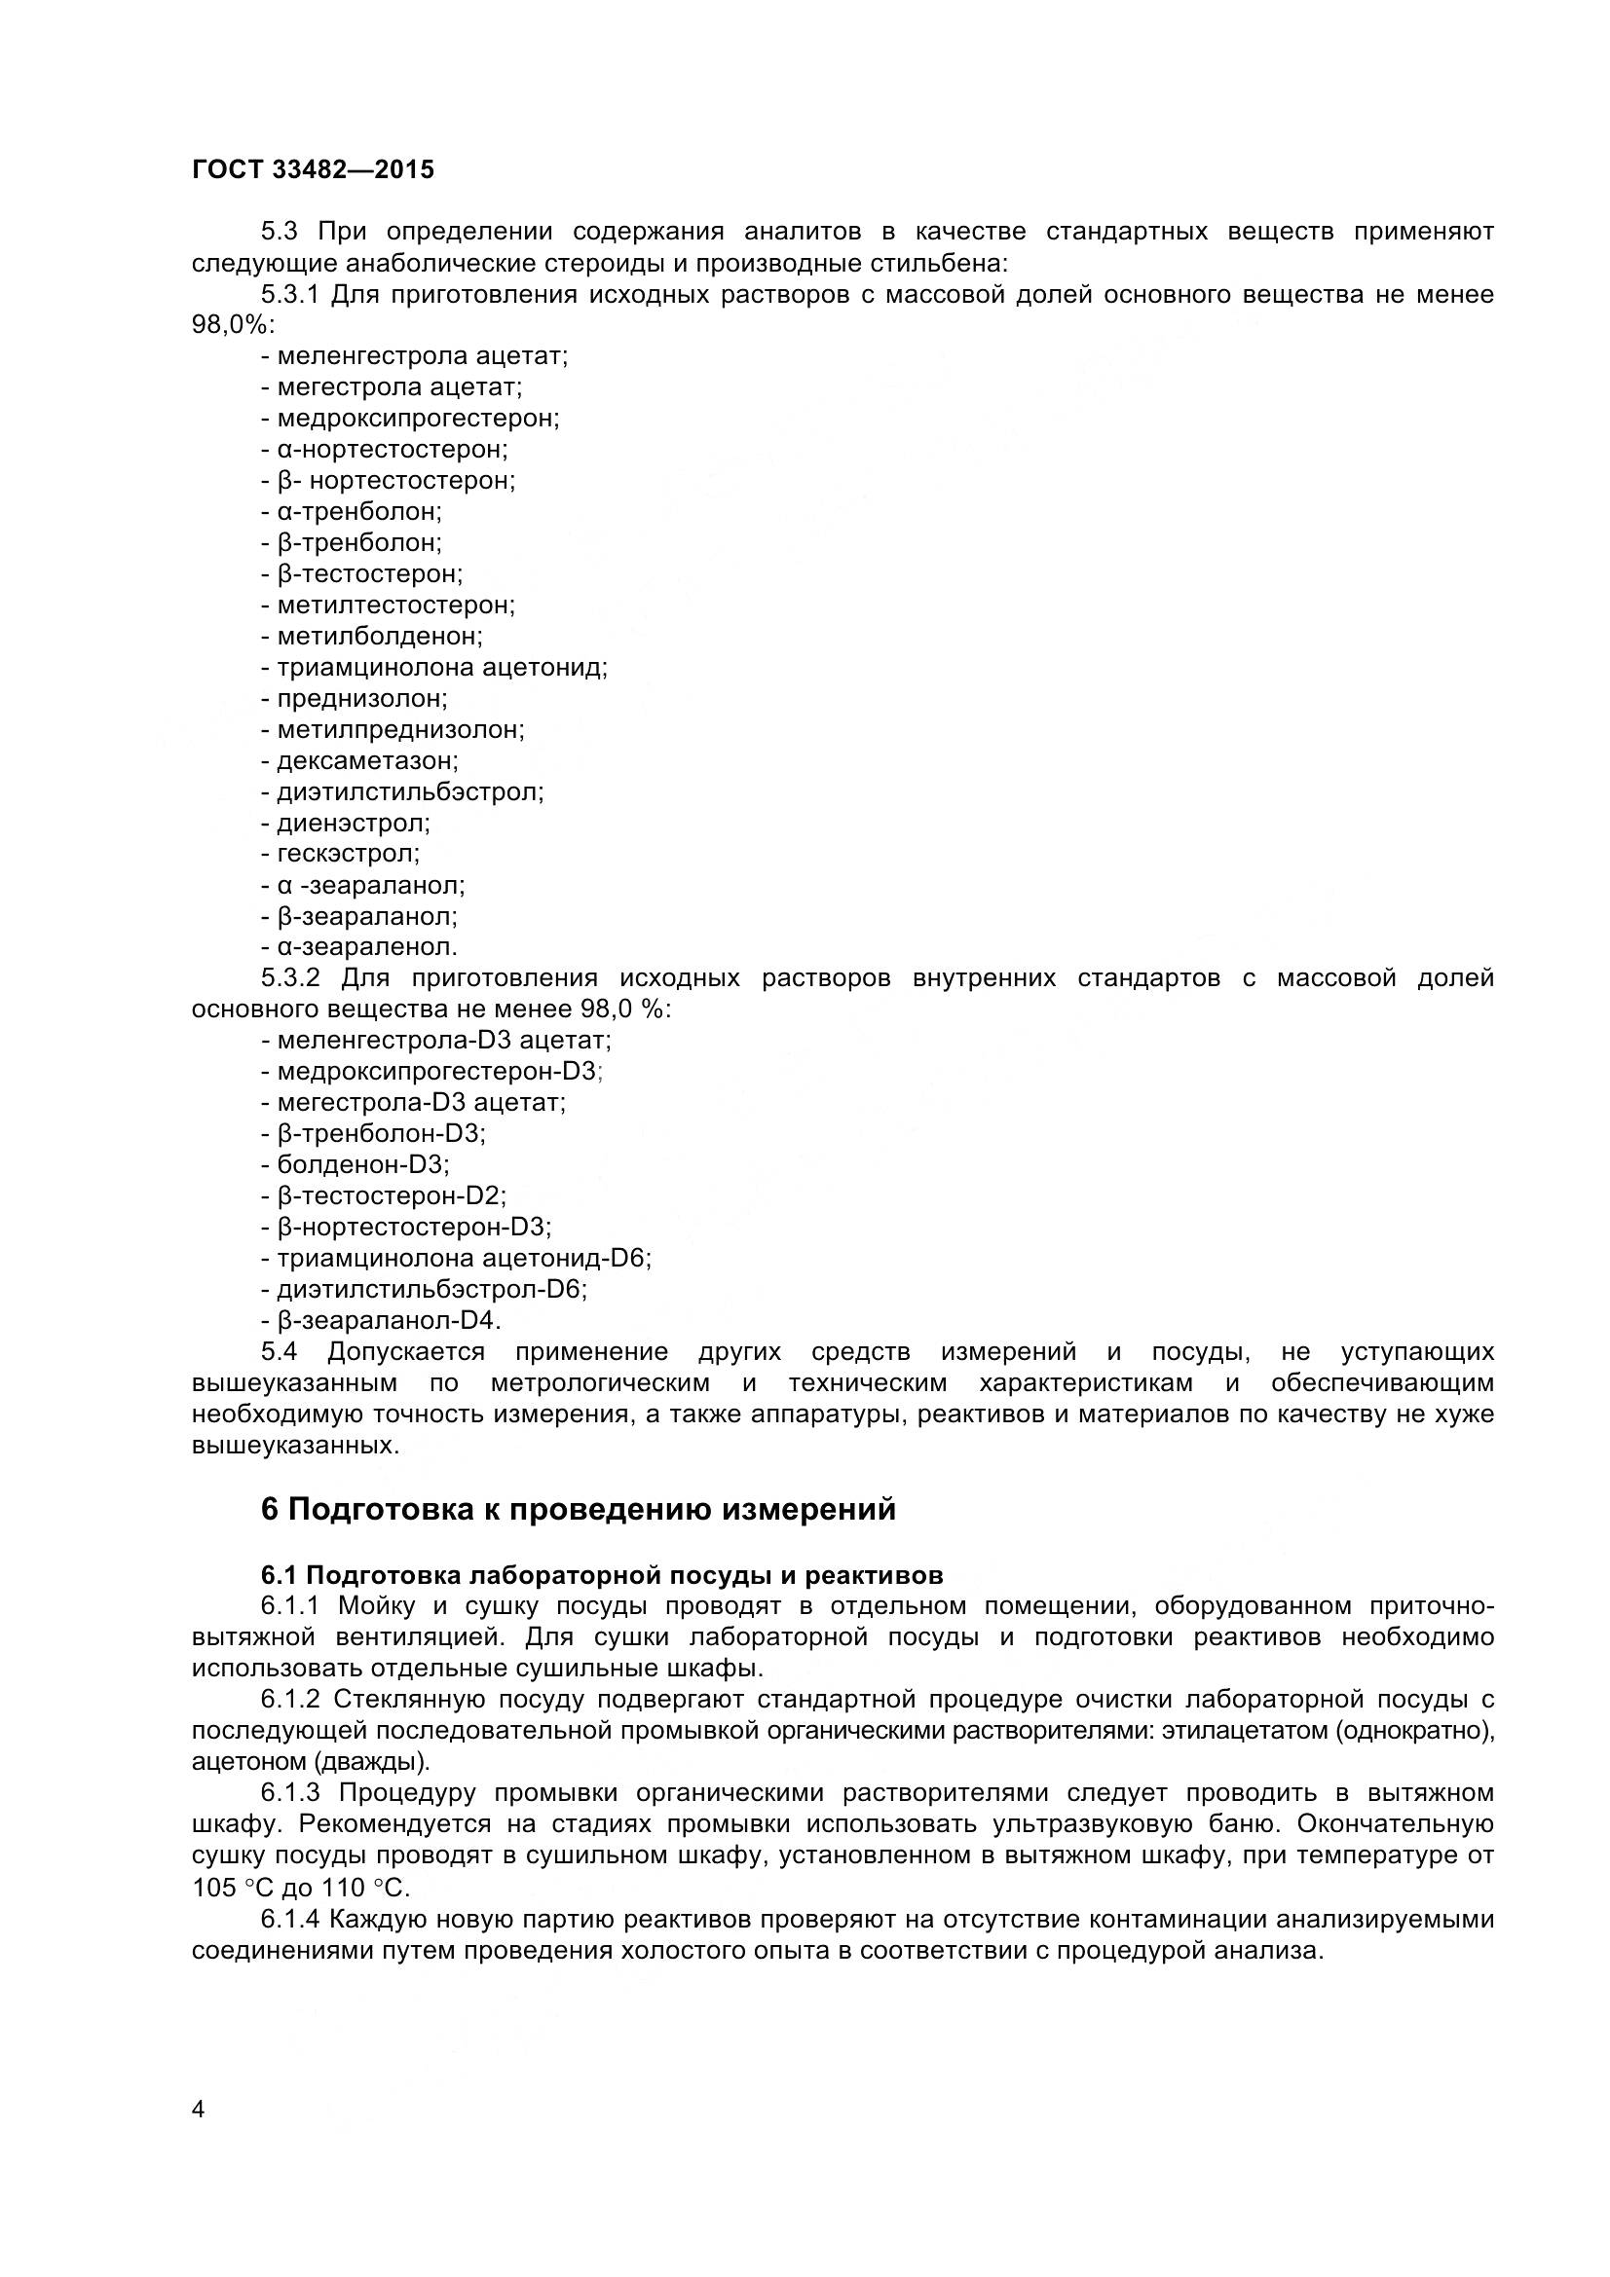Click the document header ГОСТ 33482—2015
tap(313, 169)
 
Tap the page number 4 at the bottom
tap(198, 2137)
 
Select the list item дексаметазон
tap(366, 760)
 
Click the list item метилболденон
tap(379, 636)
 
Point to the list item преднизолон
tap(361, 698)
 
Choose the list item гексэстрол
tap(347, 853)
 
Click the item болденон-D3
tap(362, 1164)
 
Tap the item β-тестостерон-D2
tap(391, 1195)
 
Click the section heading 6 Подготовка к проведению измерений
tap(578, 1510)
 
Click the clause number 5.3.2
tap(290, 977)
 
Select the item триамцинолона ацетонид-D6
tap(464, 1258)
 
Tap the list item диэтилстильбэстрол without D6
tap(410, 791)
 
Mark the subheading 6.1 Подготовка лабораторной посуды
tap(601, 1575)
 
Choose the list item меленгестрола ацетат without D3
tap(422, 355)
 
